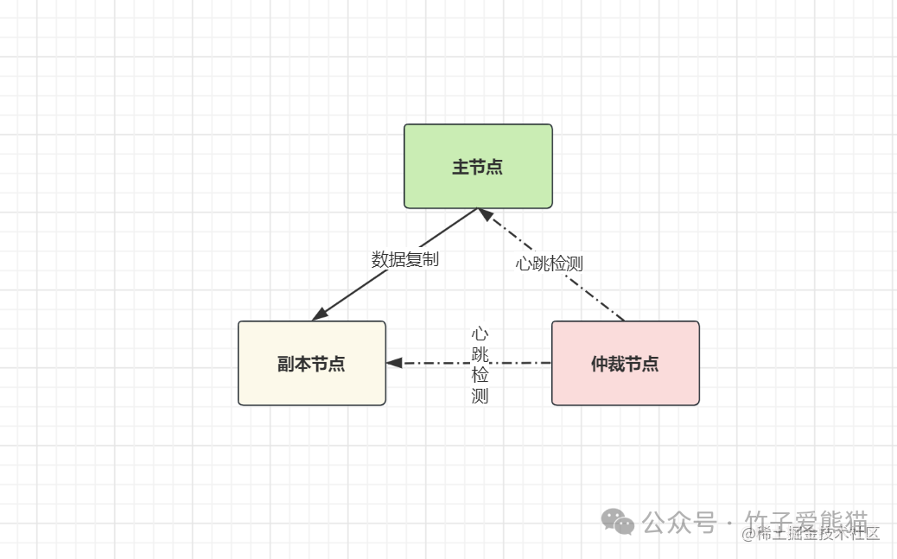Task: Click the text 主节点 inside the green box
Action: pyautogui.click(x=478, y=167)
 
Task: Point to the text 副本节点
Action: pyautogui.click(x=312, y=364)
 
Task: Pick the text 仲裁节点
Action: pyautogui.click(x=625, y=364)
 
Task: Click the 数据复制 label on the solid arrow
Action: pyautogui.click(x=405, y=259)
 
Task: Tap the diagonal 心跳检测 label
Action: pyautogui.click(x=550, y=264)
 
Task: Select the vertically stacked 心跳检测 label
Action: pyautogui.click(x=480, y=365)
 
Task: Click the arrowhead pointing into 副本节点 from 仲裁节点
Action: pyautogui.click(x=395, y=363)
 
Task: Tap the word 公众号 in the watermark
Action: pyautogui.click(x=679, y=523)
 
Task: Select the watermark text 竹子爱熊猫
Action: pyautogui.click(x=806, y=522)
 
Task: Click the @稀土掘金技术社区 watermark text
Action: pyautogui.click(x=811, y=534)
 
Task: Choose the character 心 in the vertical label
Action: pyautogui.click(x=480, y=333)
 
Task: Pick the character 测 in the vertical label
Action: pyautogui.click(x=480, y=397)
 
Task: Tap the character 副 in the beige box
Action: pyautogui.click(x=287, y=364)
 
